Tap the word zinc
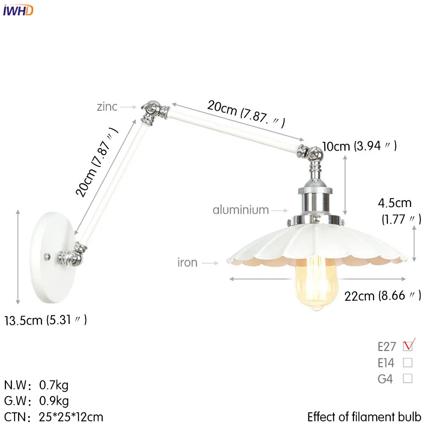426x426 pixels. click(x=107, y=106)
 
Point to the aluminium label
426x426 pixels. click(x=241, y=210)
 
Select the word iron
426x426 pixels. click(x=187, y=262)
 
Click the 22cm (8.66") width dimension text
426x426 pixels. click(x=383, y=295)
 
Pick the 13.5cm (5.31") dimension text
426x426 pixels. click(x=46, y=319)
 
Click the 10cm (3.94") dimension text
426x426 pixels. click(x=360, y=146)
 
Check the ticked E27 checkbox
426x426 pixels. click(x=408, y=346)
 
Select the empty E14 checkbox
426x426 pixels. click(x=408, y=363)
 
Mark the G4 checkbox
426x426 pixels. click(x=408, y=378)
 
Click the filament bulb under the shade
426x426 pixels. click(x=314, y=283)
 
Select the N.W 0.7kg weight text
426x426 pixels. click(x=36, y=386)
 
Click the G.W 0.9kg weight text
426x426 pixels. click(x=36, y=401)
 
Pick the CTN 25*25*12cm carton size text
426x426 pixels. click(x=54, y=416)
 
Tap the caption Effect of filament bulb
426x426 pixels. click(x=364, y=416)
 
